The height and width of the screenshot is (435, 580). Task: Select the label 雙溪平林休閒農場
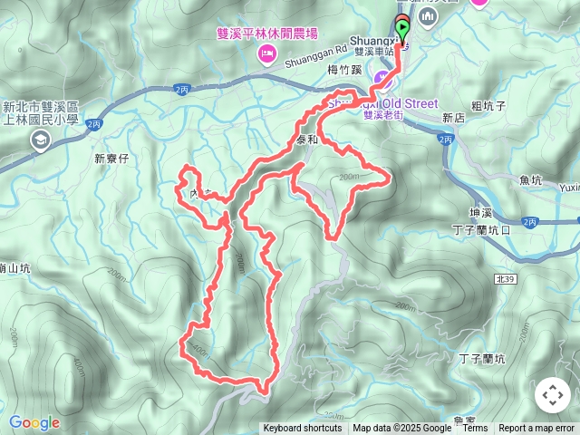(267, 34)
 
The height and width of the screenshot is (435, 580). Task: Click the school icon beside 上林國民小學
(40, 139)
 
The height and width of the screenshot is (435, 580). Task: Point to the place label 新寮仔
(113, 158)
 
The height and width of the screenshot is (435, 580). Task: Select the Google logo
(34, 422)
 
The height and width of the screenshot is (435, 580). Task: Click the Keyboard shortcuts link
(303, 429)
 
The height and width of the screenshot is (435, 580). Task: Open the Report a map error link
(538, 429)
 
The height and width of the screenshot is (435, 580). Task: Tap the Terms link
(475, 429)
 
